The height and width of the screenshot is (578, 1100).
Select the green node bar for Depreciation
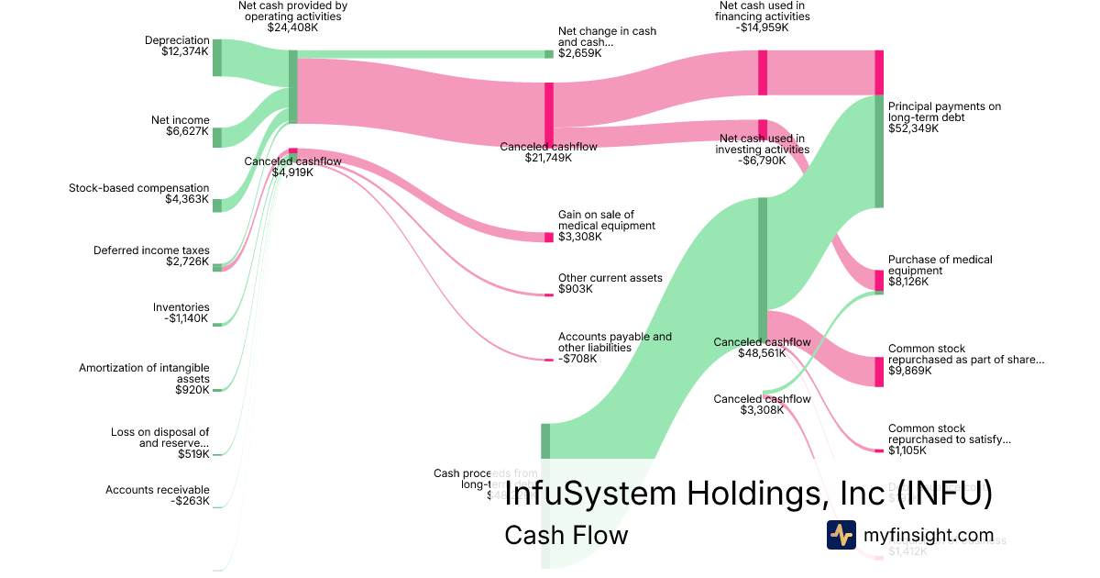coord(217,57)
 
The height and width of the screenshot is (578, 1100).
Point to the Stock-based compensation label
coord(138,194)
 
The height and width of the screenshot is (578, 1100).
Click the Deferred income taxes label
coord(151,256)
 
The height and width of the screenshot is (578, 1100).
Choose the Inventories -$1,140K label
coord(181,313)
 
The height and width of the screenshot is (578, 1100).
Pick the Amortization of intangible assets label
coord(144,378)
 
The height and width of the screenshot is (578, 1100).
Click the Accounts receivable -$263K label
coord(157,495)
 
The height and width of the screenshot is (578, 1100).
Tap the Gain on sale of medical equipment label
coord(607,226)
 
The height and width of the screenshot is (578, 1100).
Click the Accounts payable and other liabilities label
coord(614,347)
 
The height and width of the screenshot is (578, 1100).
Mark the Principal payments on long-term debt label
coord(944,117)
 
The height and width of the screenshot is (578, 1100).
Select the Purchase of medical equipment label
coord(940,271)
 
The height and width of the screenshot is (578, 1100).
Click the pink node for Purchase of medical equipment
coord(879,280)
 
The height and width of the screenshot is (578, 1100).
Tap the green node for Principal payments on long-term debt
coord(879,151)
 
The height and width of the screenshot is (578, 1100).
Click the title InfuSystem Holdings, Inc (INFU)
coord(748,495)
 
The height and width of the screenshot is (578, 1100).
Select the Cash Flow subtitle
coord(566,535)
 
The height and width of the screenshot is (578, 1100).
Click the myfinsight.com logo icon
coord(841,535)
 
